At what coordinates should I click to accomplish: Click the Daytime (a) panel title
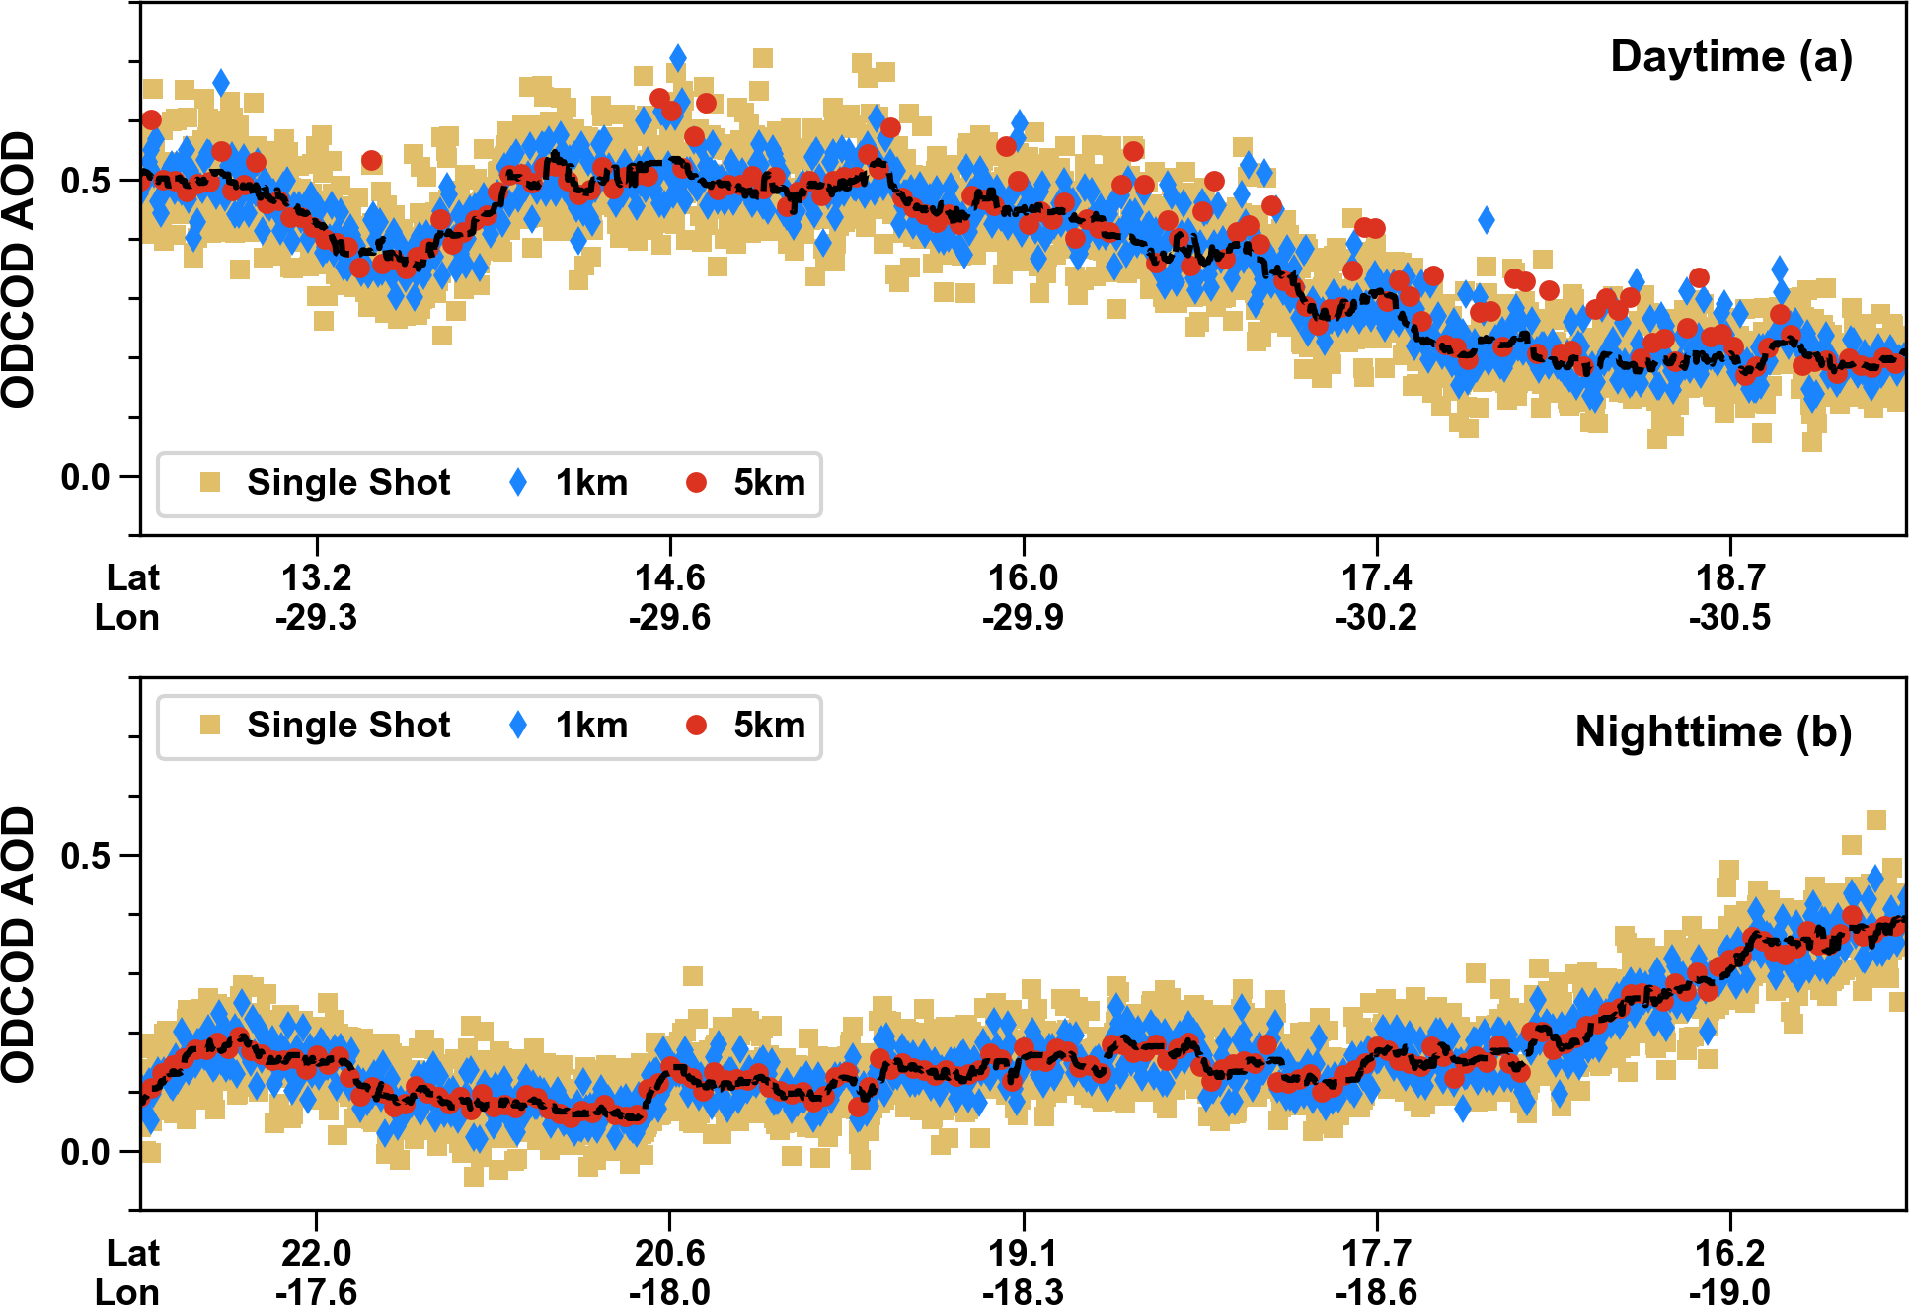pos(1730,57)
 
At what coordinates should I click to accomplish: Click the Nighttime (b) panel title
pos(1713,732)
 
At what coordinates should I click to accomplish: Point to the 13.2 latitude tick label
pos(316,577)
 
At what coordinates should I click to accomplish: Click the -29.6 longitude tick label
pos(669,618)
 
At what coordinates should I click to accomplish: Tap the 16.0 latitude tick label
pos(1023,577)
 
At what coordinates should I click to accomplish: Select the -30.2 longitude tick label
pos(1376,618)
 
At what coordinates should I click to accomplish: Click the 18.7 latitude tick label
pos(1729,577)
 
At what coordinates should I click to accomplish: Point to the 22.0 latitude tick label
pos(316,1253)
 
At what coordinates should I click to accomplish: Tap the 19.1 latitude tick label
pos(1023,1253)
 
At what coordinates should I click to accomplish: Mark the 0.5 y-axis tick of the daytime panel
pos(85,181)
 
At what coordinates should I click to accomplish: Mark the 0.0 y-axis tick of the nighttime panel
pos(85,1152)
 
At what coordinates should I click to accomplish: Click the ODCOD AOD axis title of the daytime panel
pos(19,269)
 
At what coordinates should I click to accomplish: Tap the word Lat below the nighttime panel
pos(132,1253)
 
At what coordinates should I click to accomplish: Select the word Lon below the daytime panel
pos(126,618)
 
